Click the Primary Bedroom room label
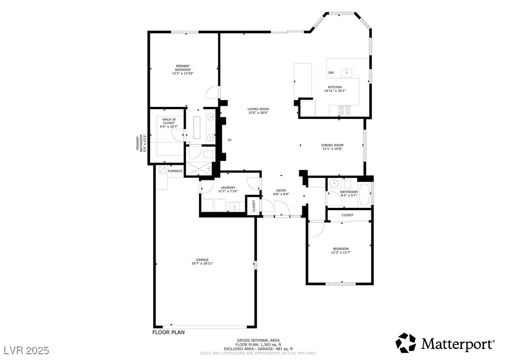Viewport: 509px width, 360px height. (x=183, y=70)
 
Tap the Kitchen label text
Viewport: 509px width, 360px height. (x=335, y=87)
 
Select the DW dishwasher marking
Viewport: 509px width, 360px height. (x=331, y=73)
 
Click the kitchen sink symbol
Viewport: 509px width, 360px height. (x=347, y=72)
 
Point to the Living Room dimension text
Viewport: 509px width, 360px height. (x=258, y=113)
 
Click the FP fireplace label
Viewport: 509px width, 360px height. (x=229, y=140)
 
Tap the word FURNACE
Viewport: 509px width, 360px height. (x=175, y=171)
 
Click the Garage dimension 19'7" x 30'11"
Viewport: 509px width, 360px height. (x=202, y=263)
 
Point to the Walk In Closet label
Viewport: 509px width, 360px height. (x=169, y=123)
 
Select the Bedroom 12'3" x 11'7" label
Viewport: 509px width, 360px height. (x=340, y=250)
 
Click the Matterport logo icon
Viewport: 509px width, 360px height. (x=406, y=343)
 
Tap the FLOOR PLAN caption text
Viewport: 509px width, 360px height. (x=169, y=332)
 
